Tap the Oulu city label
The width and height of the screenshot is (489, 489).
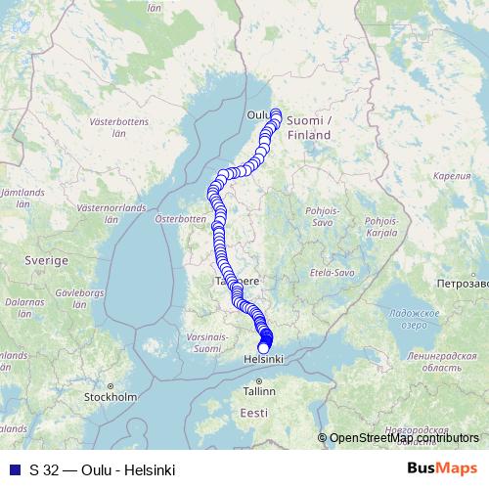[257, 114]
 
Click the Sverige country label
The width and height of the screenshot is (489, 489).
[46, 262]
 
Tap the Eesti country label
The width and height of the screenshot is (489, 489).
[254, 413]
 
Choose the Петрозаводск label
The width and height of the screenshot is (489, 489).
[463, 282]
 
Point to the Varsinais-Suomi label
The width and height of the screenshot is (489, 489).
[207, 341]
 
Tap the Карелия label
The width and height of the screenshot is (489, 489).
[451, 176]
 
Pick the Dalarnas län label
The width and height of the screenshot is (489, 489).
[20, 308]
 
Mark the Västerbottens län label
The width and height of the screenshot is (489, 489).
[116, 130]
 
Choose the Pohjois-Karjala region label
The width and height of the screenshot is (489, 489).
[380, 228]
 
